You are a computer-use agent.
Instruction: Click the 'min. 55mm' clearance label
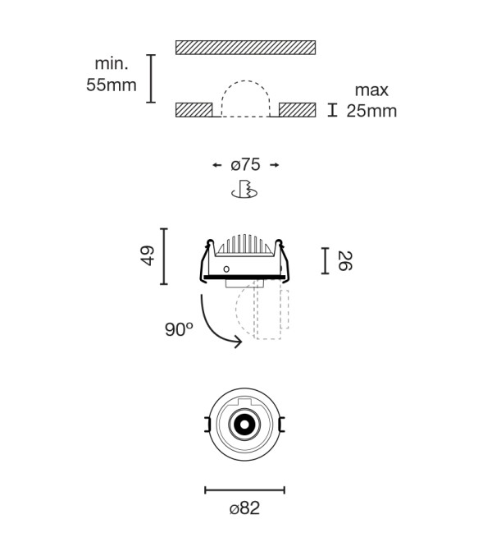pyautogui.click(x=112, y=74)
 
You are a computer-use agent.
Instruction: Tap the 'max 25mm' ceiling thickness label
pyautogui.click(x=371, y=100)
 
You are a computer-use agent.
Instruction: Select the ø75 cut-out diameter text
pyautogui.click(x=245, y=165)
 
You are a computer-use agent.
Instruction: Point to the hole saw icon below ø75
pyautogui.click(x=244, y=189)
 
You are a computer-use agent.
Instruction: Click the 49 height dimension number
pyautogui.click(x=148, y=255)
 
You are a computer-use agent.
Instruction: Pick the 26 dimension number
pyautogui.click(x=344, y=261)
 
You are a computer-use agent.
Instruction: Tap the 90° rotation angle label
pyautogui.click(x=179, y=329)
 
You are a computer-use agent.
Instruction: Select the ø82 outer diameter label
pyautogui.click(x=244, y=508)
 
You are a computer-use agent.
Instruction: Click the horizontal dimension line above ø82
pyautogui.click(x=244, y=489)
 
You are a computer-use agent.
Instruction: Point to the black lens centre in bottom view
pyautogui.click(x=244, y=424)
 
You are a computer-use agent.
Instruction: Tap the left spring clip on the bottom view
pyautogui.click(x=207, y=425)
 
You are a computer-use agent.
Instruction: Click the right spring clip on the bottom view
pyautogui.click(x=282, y=425)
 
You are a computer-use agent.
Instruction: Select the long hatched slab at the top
pyautogui.click(x=245, y=48)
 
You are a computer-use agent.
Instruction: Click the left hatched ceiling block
pyautogui.click(x=194, y=110)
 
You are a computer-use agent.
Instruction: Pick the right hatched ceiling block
pyautogui.click(x=298, y=110)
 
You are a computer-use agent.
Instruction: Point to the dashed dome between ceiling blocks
pyautogui.click(x=245, y=81)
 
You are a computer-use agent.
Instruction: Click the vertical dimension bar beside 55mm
pyautogui.click(x=151, y=79)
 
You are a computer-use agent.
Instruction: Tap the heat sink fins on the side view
pyautogui.click(x=244, y=244)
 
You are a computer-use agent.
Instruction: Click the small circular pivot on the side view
pyautogui.click(x=226, y=269)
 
